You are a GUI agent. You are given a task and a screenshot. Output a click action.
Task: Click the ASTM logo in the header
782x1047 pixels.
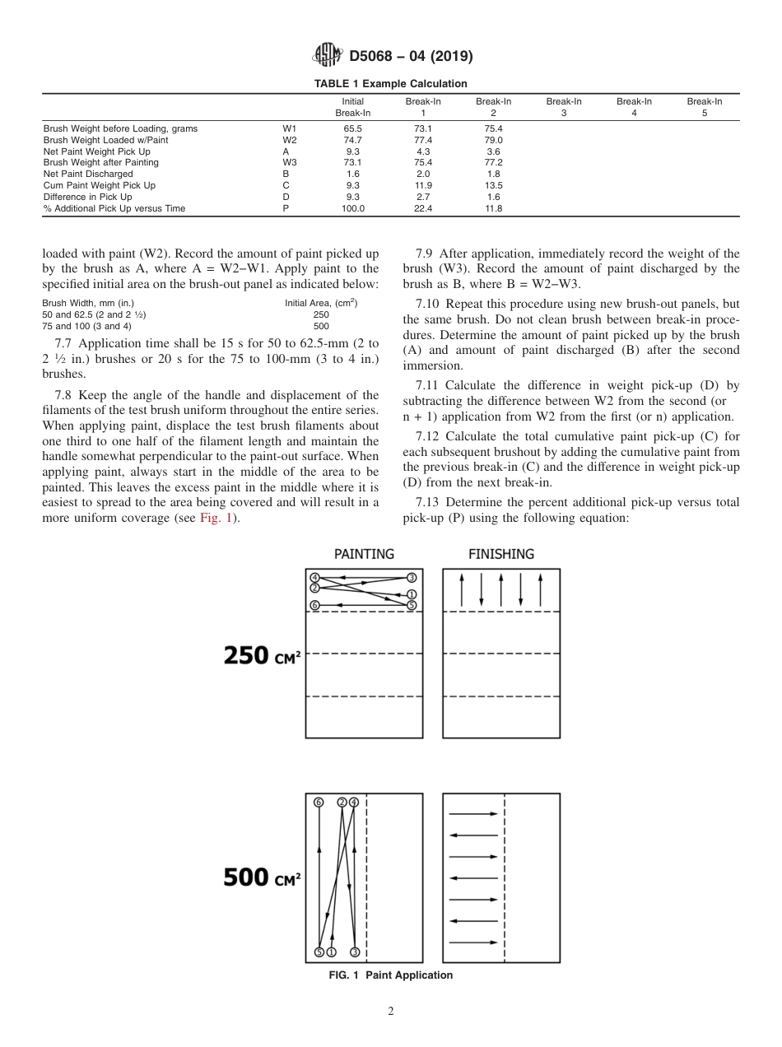coord(328,56)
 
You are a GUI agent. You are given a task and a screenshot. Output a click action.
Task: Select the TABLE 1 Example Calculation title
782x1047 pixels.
coord(390,84)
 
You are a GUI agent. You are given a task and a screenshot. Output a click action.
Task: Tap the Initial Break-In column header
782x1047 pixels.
coord(352,107)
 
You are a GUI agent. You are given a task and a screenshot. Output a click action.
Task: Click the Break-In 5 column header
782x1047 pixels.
coord(704,107)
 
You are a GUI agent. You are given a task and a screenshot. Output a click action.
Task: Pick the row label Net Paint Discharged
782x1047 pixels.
coord(88,174)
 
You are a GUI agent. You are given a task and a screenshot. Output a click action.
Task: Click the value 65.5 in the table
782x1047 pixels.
coord(352,128)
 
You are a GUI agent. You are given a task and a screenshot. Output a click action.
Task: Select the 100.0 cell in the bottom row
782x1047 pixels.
coord(352,208)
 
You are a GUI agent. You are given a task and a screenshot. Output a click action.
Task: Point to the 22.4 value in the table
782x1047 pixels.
coord(423,208)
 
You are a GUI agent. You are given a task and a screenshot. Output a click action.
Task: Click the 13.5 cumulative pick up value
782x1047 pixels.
coord(493,185)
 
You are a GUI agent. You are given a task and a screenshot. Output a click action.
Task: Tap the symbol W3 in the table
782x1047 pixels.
coord(289,162)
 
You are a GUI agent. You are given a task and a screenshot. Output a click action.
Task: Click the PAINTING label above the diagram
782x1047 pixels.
coord(364,554)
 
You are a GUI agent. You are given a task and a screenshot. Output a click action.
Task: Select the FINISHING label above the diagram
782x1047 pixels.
coord(500,554)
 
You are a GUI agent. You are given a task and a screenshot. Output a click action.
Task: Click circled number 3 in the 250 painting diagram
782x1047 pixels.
coord(412,577)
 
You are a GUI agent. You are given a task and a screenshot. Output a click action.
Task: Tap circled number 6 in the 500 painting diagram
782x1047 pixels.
coord(319,802)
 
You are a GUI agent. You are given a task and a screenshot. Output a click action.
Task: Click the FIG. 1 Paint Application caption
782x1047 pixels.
coord(390,975)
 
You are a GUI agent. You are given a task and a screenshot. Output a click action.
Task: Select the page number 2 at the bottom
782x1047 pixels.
coord(390,1012)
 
